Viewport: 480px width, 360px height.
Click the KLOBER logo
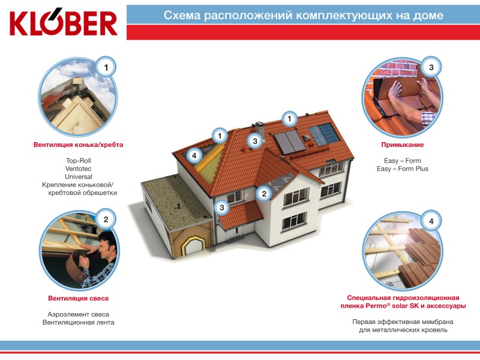point(64,23)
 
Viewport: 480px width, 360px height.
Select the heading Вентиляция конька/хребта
point(79,145)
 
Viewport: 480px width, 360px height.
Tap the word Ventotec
point(79,169)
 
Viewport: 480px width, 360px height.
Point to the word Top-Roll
point(79,161)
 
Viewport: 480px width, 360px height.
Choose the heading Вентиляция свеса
point(79,298)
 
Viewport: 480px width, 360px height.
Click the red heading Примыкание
point(402,145)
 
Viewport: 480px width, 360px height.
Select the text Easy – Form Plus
point(403,169)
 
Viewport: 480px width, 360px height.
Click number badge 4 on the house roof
point(194,155)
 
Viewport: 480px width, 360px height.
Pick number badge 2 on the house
point(264,193)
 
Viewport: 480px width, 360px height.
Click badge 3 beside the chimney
point(254,141)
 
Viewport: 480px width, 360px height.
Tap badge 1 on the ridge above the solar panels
point(289,119)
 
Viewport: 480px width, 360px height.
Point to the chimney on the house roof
point(259,130)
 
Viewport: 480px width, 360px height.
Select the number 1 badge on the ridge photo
point(106,67)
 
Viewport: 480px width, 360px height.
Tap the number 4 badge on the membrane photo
point(431,221)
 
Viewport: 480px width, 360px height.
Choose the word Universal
point(79,176)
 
